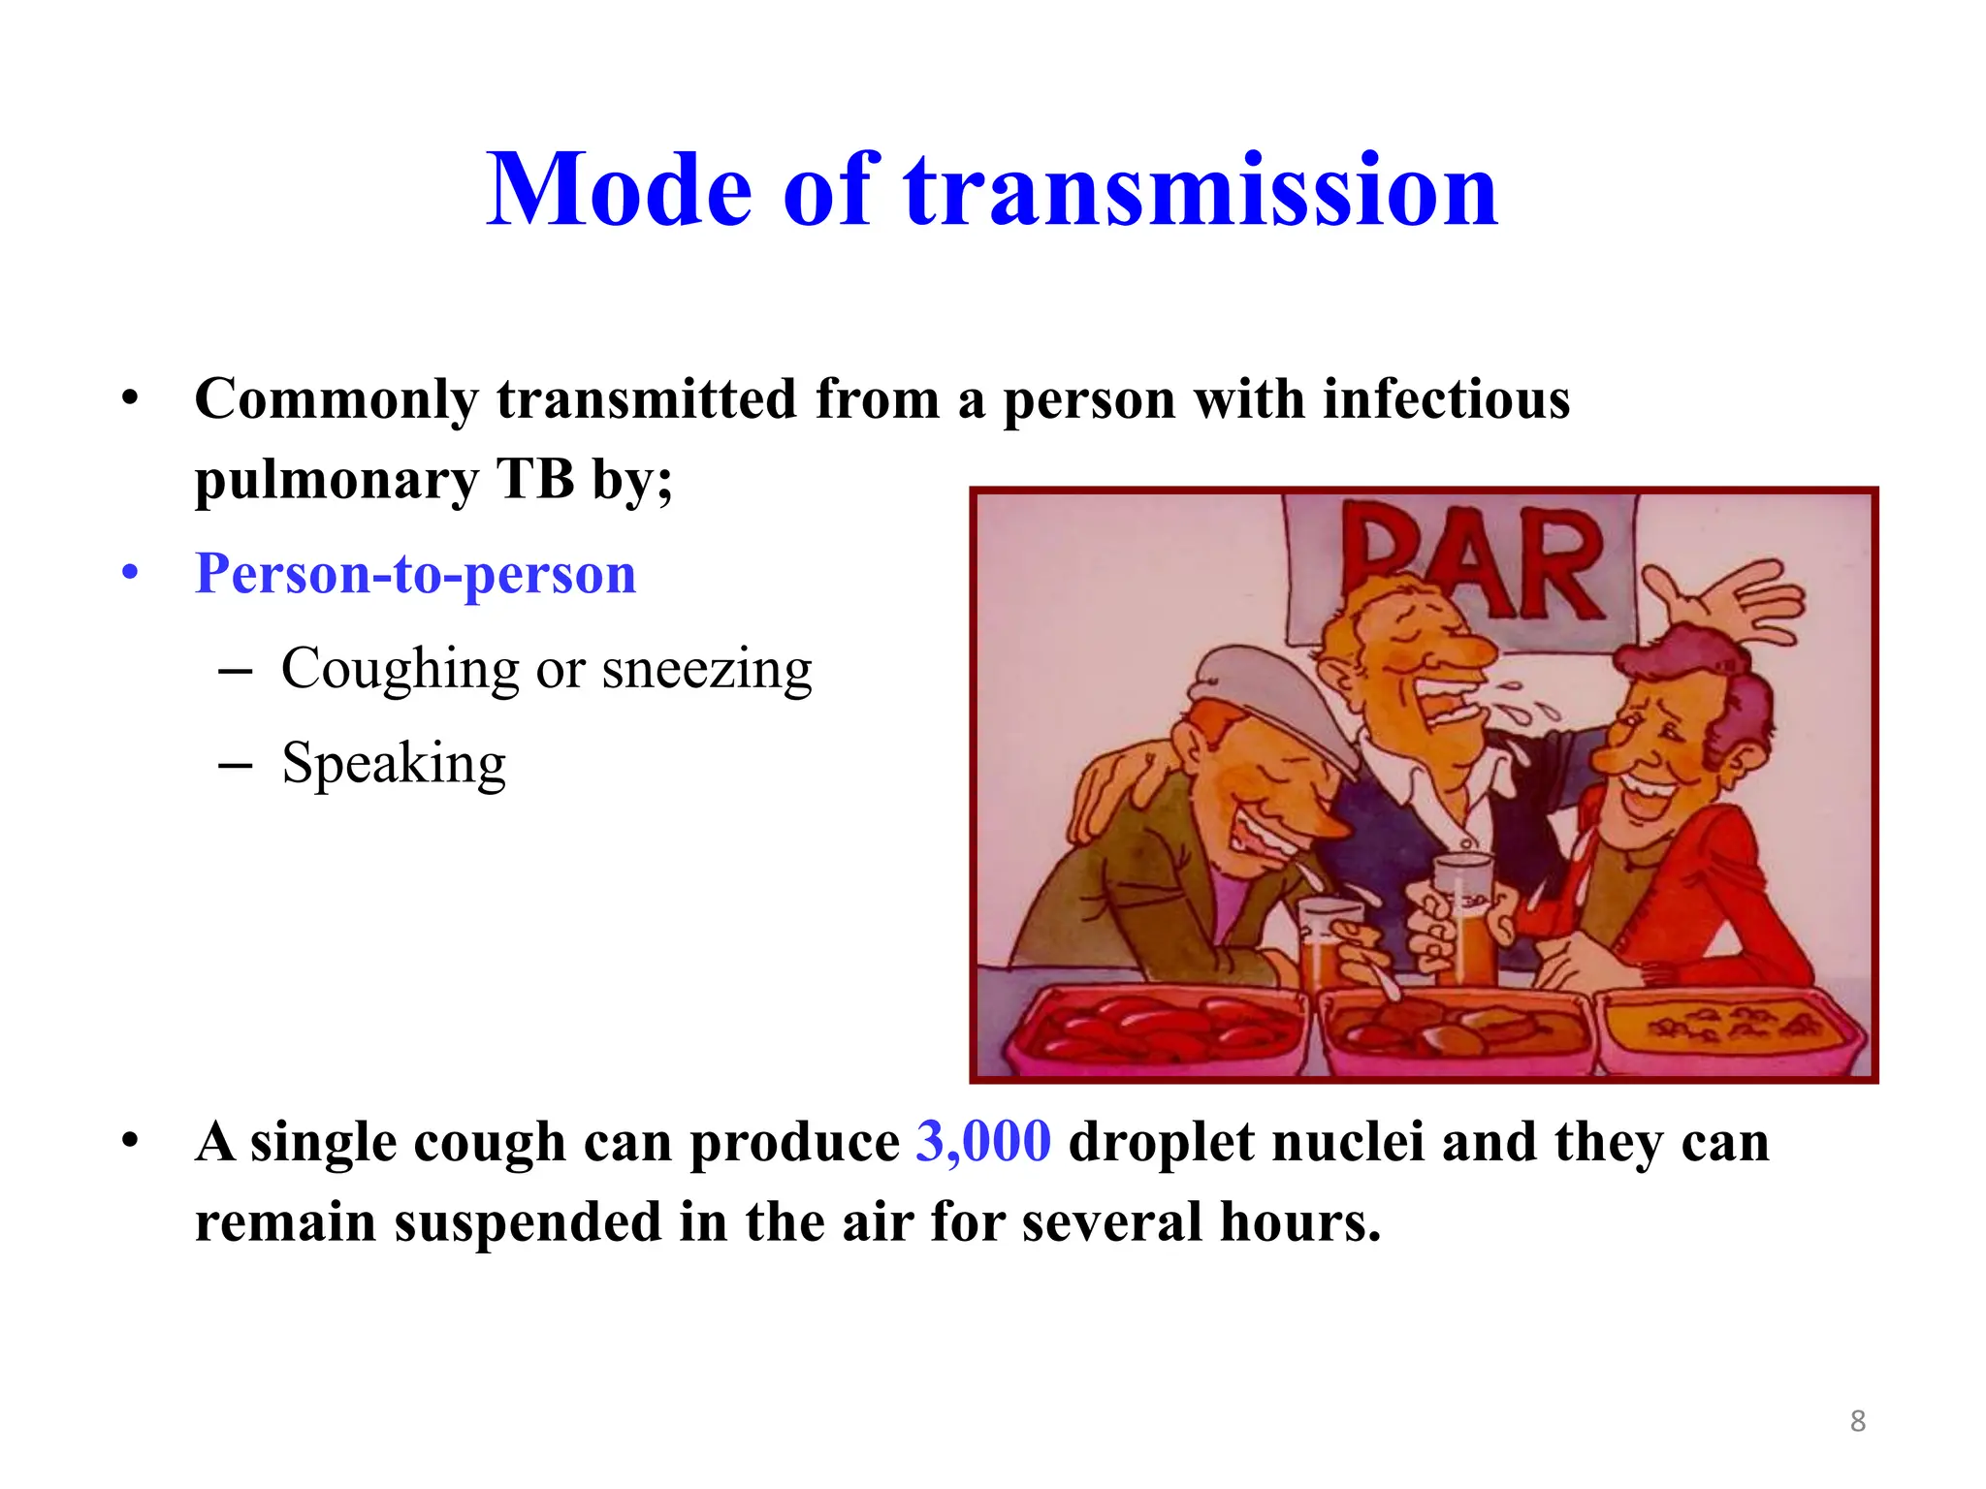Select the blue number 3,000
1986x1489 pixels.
click(983, 1141)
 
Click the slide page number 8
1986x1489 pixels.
click(1857, 1421)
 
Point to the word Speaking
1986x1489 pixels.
click(394, 764)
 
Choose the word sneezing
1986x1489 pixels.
click(706, 669)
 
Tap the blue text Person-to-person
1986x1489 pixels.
click(415, 574)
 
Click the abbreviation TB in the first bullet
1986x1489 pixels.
click(534, 479)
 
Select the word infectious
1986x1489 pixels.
click(1446, 399)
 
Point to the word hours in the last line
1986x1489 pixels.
click(1299, 1221)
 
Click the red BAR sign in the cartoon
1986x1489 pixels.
click(1474, 562)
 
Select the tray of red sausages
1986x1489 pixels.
click(1154, 1028)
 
